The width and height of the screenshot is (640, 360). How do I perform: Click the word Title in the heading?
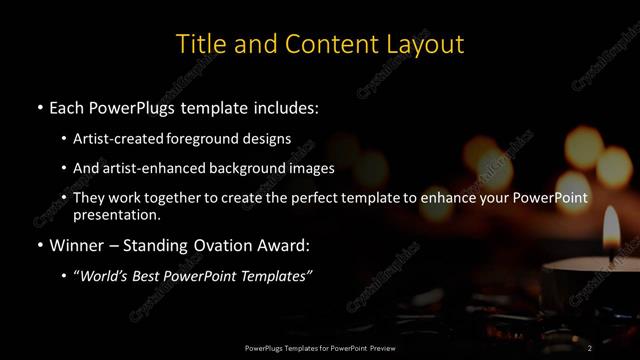point(198,45)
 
